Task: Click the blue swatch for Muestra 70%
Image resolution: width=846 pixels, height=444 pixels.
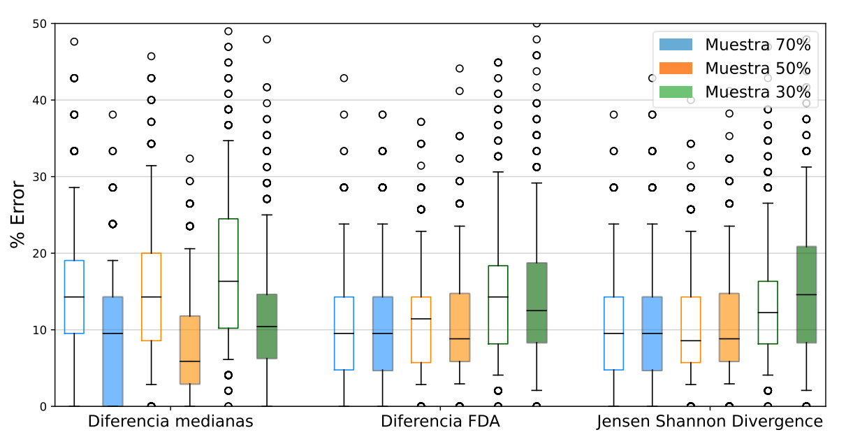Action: click(676, 45)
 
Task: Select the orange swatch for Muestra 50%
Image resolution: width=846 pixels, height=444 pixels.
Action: click(676, 68)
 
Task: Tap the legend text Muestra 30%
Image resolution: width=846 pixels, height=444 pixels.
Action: click(757, 92)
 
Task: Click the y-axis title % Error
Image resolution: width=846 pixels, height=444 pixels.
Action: click(17, 215)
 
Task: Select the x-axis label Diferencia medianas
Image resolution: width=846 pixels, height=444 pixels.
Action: click(170, 422)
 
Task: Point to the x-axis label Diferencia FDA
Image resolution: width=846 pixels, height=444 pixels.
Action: click(440, 422)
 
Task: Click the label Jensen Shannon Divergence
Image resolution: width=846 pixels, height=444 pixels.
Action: click(710, 422)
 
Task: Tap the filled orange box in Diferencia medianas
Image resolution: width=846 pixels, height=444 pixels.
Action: click(190, 350)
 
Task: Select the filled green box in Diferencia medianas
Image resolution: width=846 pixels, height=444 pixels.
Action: click(267, 327)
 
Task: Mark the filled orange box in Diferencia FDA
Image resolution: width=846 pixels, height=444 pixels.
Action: click(460, 327)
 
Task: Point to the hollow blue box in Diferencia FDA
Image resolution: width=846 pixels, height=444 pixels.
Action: click(344, 334)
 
